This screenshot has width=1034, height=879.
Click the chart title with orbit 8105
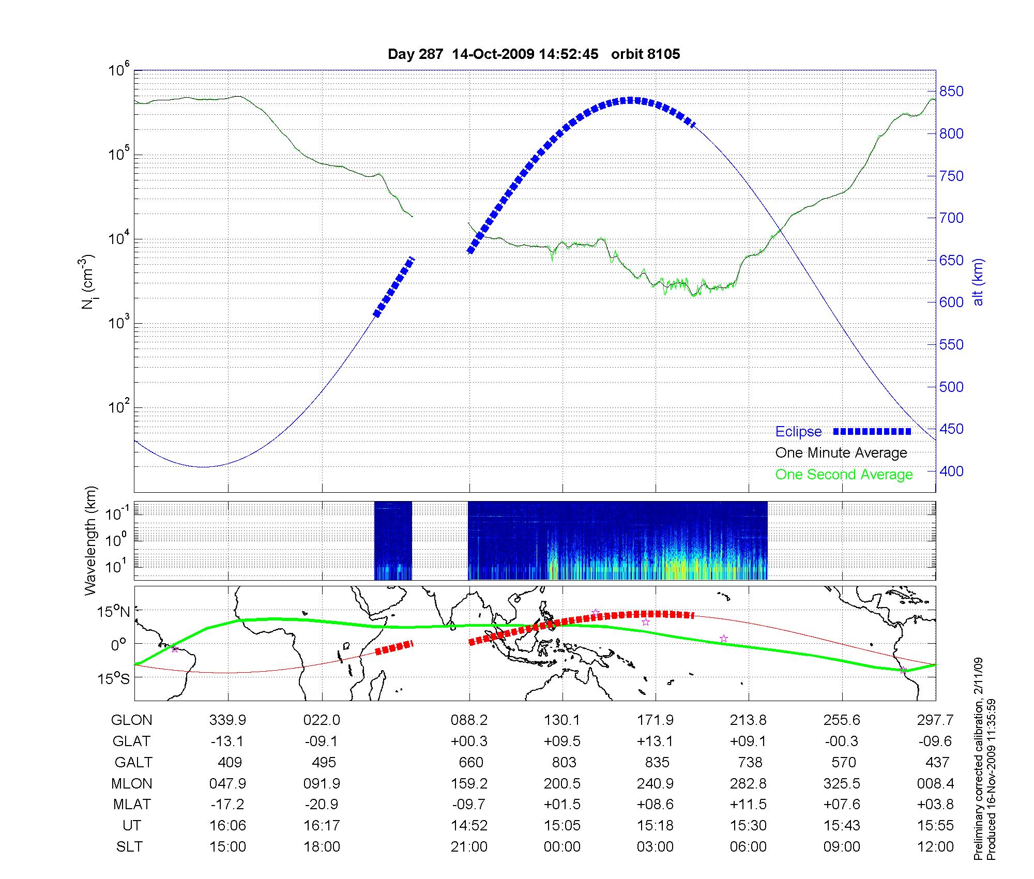(x=534, y=54)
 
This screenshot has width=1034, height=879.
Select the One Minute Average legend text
(x=841, y=453)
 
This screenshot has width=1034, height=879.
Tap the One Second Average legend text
(x=844, y=475)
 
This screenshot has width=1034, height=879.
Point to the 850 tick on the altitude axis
(x=951, y=92)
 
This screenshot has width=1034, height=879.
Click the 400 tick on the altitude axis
(x=951, y=471)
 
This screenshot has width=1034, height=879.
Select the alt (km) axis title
(x=979, y=282)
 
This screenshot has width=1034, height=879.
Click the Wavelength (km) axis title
(x=90, y=540)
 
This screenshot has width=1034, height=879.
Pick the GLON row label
(x=132, y=720)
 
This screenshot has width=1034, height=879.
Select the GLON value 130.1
(x=562, y=720)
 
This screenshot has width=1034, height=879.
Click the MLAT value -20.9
(x=322, y=805)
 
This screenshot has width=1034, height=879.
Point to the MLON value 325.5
(x=842, y=783)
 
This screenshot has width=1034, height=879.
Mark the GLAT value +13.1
(x=656, y=741)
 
